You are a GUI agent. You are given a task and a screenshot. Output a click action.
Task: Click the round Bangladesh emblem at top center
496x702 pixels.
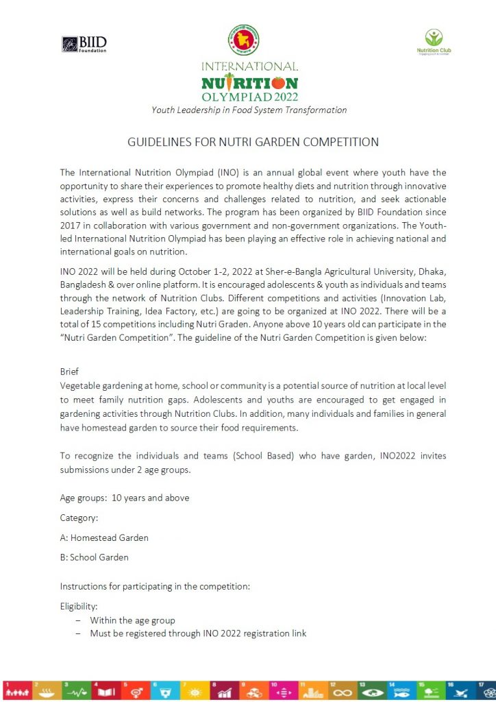pyautogui.click(x=249, y=40)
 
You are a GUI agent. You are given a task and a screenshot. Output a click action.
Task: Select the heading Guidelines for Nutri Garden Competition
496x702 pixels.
pyautogui.click(x=253, y=143)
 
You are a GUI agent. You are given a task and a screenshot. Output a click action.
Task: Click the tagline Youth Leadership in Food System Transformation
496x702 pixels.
pyautogui.click(x=249, y=110)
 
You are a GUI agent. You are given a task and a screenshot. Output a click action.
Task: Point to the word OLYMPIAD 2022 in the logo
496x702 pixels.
pyautogui.click(x=249, y=97)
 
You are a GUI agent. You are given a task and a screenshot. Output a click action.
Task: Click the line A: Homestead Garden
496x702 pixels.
pyautogui.click(x=104, y=537)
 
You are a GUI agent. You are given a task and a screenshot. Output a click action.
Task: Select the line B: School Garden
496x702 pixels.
pyautogui.click(x=94, y=557)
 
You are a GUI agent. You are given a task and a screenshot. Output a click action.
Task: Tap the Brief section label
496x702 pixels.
pyautogui.click(x=69, y=371)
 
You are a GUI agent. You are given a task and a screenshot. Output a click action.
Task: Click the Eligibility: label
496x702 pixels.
pyautogui.click(x=79, y=606)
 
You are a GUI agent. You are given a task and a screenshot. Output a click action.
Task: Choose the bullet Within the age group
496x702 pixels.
pyautogui.click(x=132, y=620)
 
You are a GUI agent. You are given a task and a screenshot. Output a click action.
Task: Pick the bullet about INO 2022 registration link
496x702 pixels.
pyautogui.click(x=198, y=633)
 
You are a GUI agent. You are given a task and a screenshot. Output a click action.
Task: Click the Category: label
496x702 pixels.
pyautogui.click(x=79, y=518)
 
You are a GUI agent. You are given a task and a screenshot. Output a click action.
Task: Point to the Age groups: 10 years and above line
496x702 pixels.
pyautogui.click(x=125, y=498)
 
